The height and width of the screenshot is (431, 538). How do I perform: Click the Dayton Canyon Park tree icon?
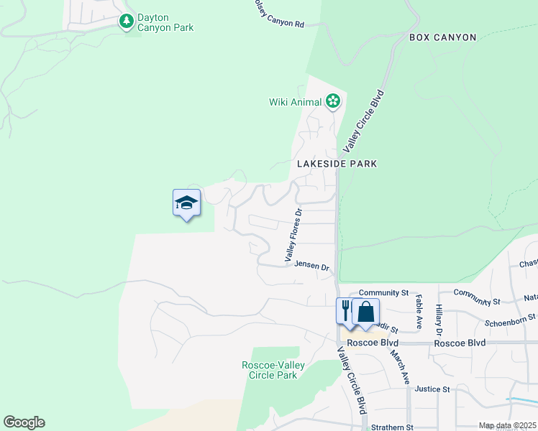127,22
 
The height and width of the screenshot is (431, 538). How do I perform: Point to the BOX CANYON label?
443,37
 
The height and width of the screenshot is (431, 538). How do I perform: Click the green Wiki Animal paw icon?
332,101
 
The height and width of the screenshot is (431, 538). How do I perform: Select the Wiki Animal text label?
295,102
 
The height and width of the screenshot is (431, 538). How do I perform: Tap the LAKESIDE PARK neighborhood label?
337,164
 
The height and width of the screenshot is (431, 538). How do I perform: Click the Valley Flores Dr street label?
291,235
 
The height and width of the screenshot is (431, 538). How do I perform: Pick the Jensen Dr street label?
311,265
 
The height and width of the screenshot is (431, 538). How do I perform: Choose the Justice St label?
432,389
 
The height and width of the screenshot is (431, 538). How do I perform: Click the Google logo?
24,422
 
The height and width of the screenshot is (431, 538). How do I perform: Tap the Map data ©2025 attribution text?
506,426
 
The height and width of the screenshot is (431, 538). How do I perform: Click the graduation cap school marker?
187,203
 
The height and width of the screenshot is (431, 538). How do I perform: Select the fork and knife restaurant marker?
346,312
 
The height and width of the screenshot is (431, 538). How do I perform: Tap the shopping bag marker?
365,312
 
